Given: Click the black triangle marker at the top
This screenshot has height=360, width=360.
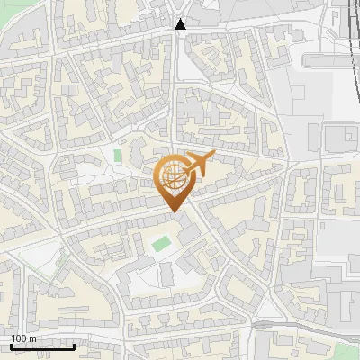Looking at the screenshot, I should point(181,24).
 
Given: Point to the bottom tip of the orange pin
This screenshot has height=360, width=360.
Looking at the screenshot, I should point(173,212).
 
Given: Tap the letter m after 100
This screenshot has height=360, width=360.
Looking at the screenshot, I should point(33,337).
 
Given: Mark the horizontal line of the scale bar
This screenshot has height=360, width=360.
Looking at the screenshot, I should point(41,346).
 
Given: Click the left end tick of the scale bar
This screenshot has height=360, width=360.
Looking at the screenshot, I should point(10,344).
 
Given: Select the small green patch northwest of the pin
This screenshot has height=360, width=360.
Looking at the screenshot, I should point(117,156).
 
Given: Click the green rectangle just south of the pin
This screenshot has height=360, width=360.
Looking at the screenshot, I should point(161,243).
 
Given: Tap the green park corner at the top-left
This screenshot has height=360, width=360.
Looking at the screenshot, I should point(7,7).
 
